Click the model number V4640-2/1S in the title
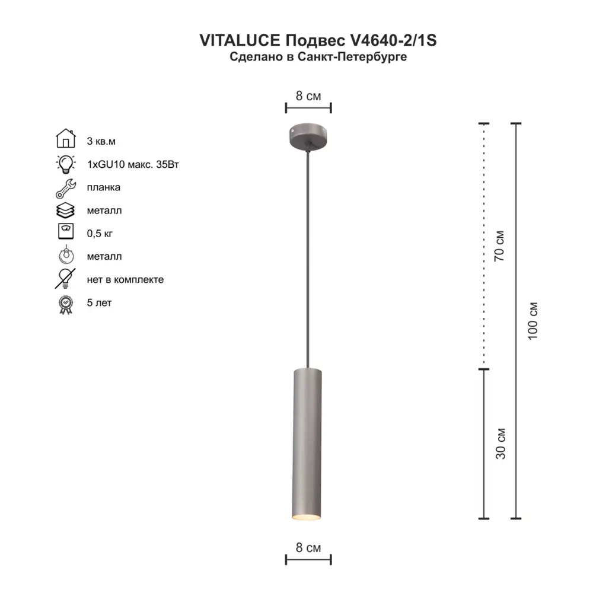(x=394, y=40)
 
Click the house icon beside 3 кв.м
(x=66, y=139)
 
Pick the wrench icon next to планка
(x=66, y=187)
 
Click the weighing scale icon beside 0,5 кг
(x=66, y=232)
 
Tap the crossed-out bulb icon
(x=66, y=279)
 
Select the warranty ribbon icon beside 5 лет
(x=66, y=304)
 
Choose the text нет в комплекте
(x=125, y=279)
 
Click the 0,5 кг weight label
(x=100, y=234)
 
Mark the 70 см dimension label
(x=500, y=244)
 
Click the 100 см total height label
(x=533, y=321)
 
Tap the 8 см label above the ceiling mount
(x=308, y=95)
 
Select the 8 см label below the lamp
(x=308, y=548)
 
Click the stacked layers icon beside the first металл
(x=66, y=210)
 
